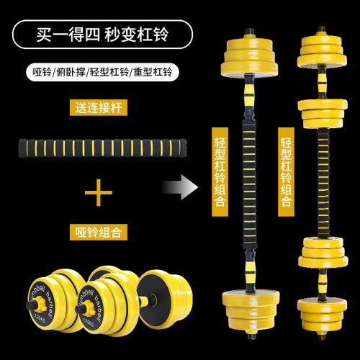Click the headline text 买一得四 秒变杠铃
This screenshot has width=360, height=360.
[102, 35]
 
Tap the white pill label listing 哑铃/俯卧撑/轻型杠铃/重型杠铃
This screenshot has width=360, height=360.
[102, 72]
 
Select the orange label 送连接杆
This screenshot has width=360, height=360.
[99, 108]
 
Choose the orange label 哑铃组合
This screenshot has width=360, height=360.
[99, 232]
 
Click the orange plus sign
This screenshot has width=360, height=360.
[99, 192]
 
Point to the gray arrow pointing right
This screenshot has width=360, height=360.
[180, 187]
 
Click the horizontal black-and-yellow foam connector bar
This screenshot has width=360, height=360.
[102, 148]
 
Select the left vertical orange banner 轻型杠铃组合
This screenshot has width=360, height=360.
[220, 172]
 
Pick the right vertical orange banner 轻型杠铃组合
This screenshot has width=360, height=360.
[286, 172]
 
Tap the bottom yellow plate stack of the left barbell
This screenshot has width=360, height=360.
[251, 310]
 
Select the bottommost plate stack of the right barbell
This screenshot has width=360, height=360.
[322, 315]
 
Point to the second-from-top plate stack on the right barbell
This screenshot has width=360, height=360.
[323, 113]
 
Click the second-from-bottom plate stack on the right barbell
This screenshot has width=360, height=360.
[323, 252]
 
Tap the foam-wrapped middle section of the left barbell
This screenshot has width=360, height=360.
[248, 185]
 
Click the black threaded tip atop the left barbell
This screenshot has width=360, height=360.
[249, 31]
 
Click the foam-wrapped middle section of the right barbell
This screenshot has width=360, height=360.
[323, 182]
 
